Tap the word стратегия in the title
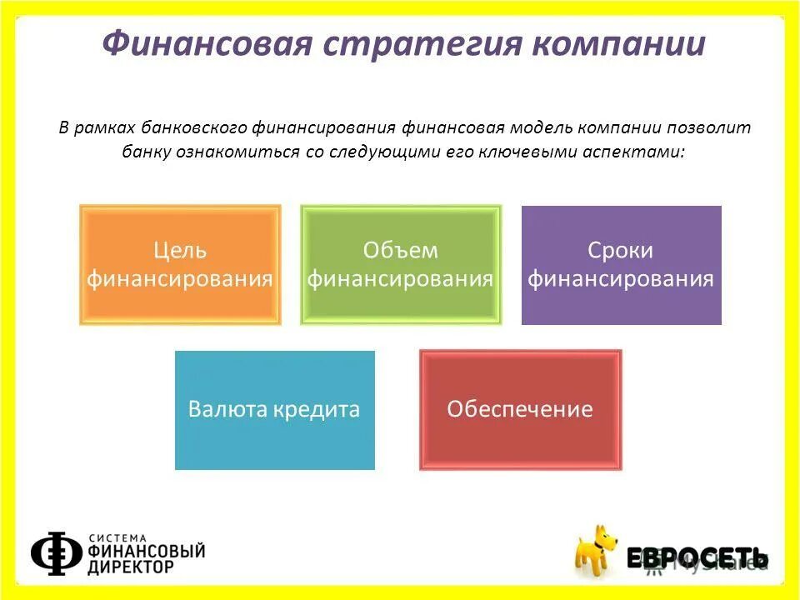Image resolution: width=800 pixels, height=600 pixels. pos(411,43)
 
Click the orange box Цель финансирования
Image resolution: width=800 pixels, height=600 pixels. pos(180,265)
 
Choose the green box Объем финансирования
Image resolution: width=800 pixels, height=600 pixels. pos(401,265)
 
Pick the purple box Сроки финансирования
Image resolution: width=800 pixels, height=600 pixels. pos(621,265)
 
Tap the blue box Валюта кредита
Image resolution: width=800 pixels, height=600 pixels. pos(274,410)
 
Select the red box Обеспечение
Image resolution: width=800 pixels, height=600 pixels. pos(520,410)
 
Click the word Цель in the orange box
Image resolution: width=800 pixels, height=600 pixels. pos(180,250)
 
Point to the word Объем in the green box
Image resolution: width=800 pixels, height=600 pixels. pos(401,250)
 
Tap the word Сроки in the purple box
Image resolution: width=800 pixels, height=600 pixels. pos(621,250)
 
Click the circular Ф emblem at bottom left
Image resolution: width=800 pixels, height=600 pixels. pos(57,552)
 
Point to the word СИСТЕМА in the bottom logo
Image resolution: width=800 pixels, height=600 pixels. pos(116,537)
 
